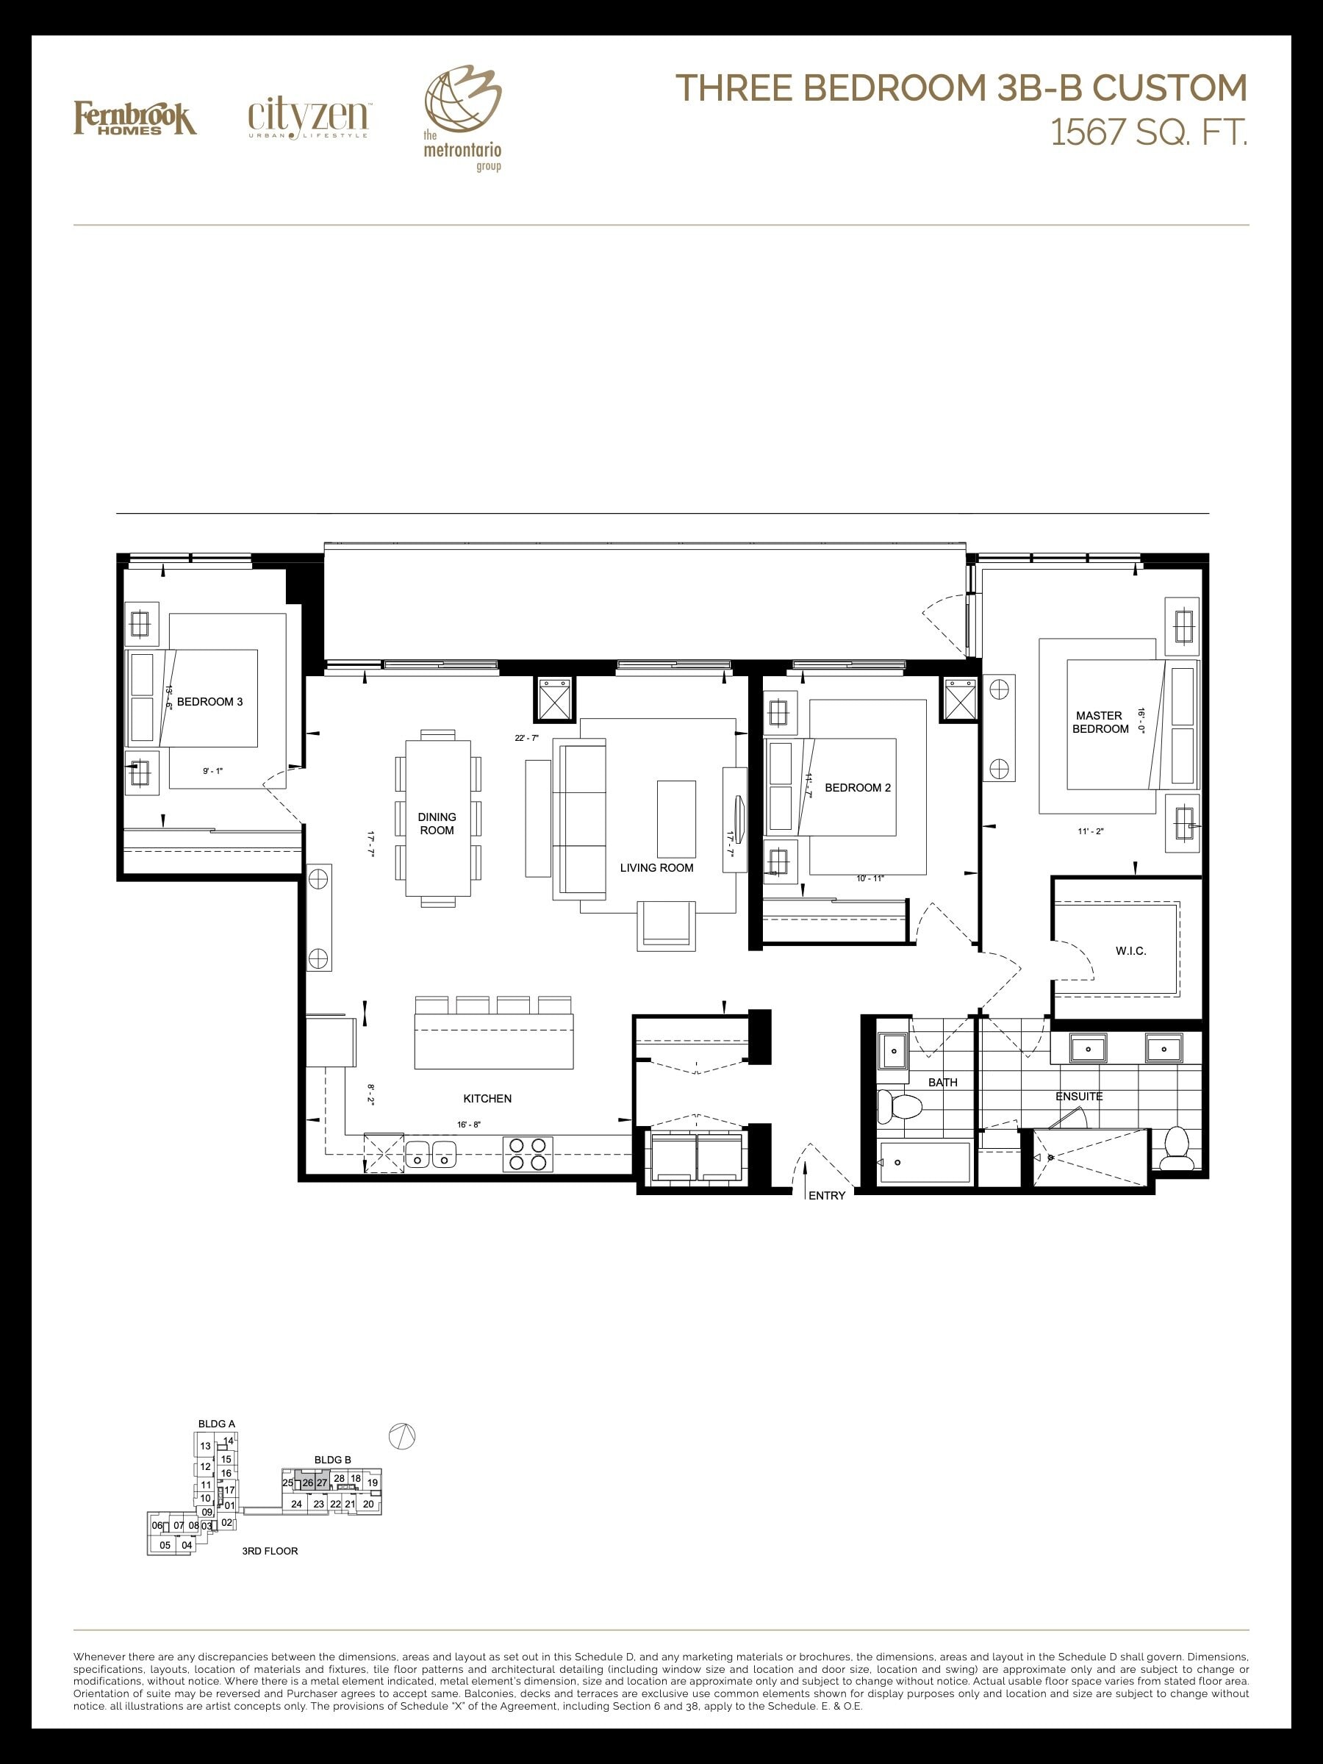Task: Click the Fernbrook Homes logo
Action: pos(135,118)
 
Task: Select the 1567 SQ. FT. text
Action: pos(1148,132)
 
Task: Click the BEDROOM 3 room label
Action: pos(209,702)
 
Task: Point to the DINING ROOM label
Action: pos(437,823)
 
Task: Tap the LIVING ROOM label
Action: pos(657,867)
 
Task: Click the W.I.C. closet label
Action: pos(1131,950)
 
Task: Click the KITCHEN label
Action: pos(487,1098)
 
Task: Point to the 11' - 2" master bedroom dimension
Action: pos(1090,831)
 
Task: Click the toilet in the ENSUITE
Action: pos(1177,1148)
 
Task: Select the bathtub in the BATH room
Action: pos(923,1163)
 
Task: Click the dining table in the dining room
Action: pos(439,817)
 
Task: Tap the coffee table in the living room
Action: pos(676,819)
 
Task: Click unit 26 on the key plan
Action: pos(308,1482)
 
